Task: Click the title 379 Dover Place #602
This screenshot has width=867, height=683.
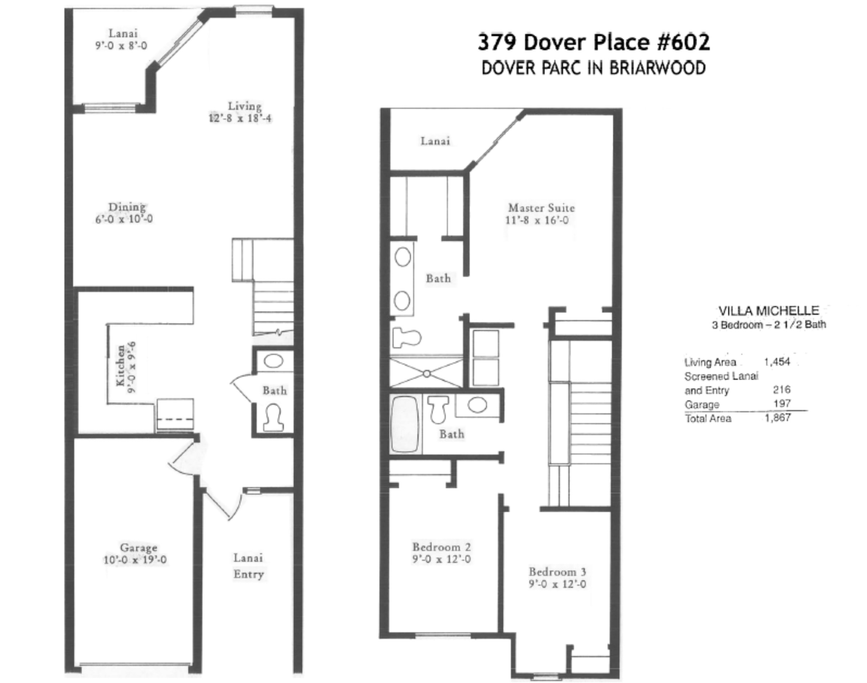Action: coord(594,42)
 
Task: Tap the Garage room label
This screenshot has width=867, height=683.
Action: coord(139,548)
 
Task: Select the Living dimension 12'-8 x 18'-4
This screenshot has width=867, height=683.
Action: coord(240,118)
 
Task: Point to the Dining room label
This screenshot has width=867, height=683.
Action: coord(127,207)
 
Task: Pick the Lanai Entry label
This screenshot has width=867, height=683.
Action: coord(249,566)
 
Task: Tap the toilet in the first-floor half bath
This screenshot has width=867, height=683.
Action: coord(274,418)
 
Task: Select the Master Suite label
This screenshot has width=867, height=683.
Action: coord(541,208)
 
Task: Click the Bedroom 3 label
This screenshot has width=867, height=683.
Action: coord(557,572)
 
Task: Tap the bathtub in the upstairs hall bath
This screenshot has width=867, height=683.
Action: coord(405,424)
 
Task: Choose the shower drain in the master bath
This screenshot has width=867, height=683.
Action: coord(427,374)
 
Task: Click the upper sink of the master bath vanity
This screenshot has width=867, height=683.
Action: coord(403,257)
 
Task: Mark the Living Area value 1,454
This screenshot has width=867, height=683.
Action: coord(777,362)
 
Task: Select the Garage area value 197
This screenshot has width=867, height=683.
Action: coord(782,403)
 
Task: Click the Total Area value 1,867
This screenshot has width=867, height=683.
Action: coord(778,418)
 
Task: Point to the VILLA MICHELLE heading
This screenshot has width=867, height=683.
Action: coord(768,311)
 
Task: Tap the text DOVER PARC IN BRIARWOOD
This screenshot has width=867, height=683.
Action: coord(594,68)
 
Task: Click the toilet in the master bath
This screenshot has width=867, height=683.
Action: coord(407,337)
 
